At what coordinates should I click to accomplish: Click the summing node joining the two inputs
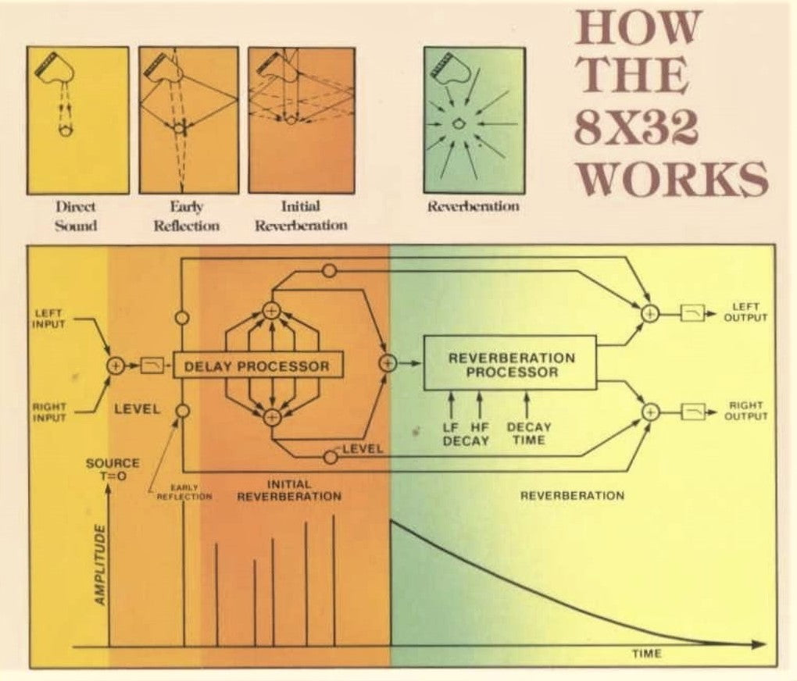(x=114, y=365)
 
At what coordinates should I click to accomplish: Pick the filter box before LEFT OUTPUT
(x=692, y=312)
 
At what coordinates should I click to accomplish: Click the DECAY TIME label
(x=529, y=433)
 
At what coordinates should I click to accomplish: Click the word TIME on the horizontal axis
(x=646, y=654)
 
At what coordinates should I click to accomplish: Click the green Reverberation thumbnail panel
(x=474, y=119)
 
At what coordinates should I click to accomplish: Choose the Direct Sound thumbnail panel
(x=77, y=119)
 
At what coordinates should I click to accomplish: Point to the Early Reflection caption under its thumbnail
(x=188, y=216)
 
